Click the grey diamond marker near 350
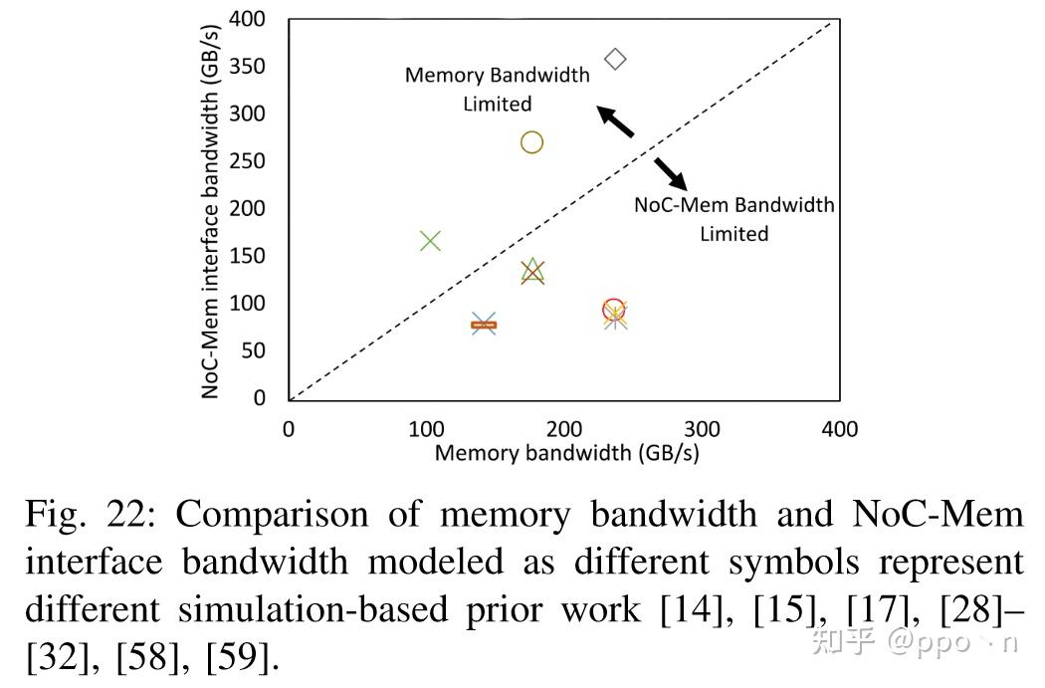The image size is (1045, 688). click(x=615, y=60)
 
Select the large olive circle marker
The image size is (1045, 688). click(x=531, y=142)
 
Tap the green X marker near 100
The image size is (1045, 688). click(x=430, y=241)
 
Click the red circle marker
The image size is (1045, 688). click(x=613, y=310)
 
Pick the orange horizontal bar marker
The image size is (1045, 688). click(x=484, y=325)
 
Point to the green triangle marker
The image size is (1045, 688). click(x=532, y=270)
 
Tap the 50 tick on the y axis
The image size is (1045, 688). click(x=252, y=350)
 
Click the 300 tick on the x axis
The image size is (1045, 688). click(x=703, y=429)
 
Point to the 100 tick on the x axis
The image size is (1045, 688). click(x=426, y=429)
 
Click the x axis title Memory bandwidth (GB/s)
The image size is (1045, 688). click(x=566, y=453)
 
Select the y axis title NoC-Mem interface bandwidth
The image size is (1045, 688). click(x=210, y=209)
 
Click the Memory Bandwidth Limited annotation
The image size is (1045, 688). click(x=497, y=89)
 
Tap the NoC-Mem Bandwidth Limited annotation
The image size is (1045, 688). click(x=734, y=219)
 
